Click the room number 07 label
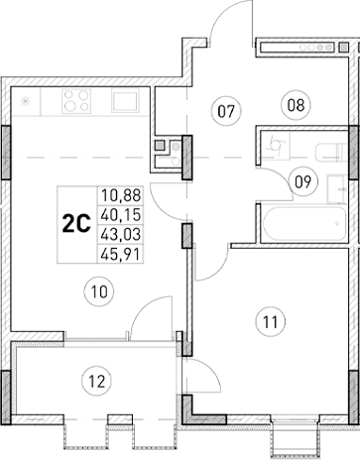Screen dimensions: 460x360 click(x=226, y=111)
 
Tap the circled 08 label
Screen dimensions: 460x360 click(x=294, y=103)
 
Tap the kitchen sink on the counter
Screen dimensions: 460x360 click(x=125, y=101)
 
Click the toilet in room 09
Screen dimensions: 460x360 click(x=275, y=147)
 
